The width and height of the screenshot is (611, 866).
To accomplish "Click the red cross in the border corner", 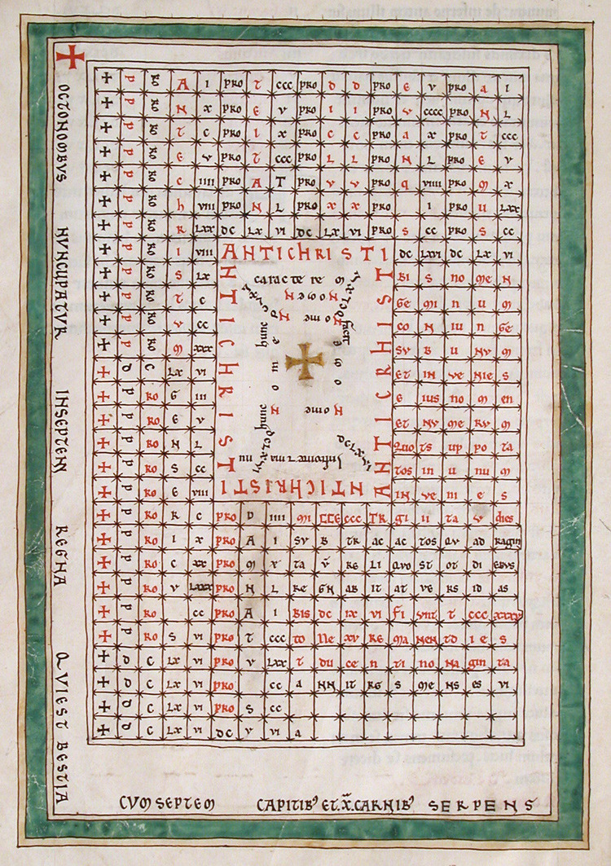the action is [x=71, y=56].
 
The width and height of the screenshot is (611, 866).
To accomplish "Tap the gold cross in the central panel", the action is [x=305, y=360].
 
